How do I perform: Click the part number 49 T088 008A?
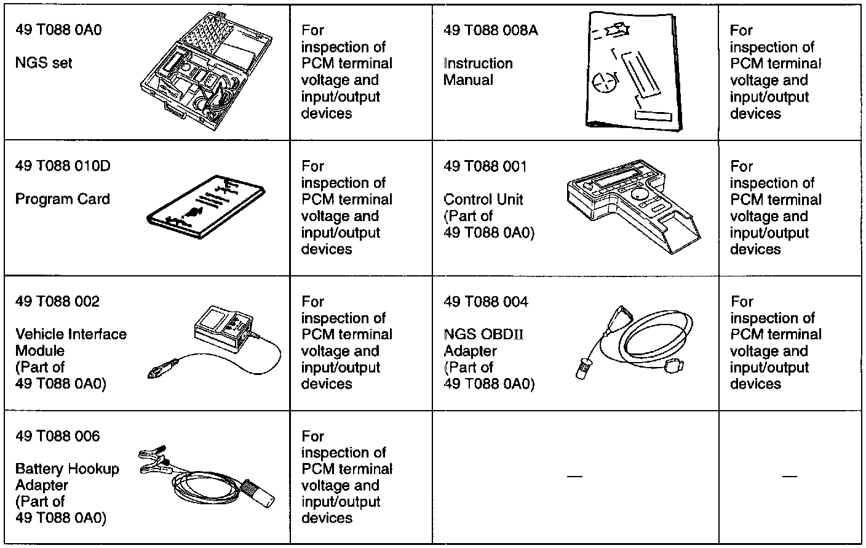point(490,31)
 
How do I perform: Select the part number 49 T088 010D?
point(63,166)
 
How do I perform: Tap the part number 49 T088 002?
point(57,302)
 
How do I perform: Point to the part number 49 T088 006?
point(57,437)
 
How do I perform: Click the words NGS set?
point(44,63)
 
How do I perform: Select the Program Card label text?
point(62,199)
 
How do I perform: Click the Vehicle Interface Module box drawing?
point(223,329)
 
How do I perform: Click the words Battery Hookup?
point(67,469)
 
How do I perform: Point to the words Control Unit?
point(483,199)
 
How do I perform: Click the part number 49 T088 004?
point(486,302)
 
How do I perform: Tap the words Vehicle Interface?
point(71,334)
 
